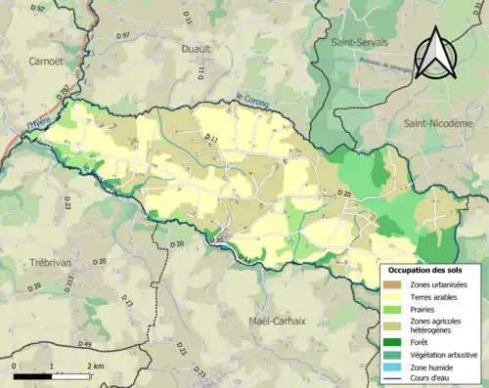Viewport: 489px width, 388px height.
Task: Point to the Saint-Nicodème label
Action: pyautogui.click(x=438, y=123)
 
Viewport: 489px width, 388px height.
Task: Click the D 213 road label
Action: pyautogui.click(x=69, y=282)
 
